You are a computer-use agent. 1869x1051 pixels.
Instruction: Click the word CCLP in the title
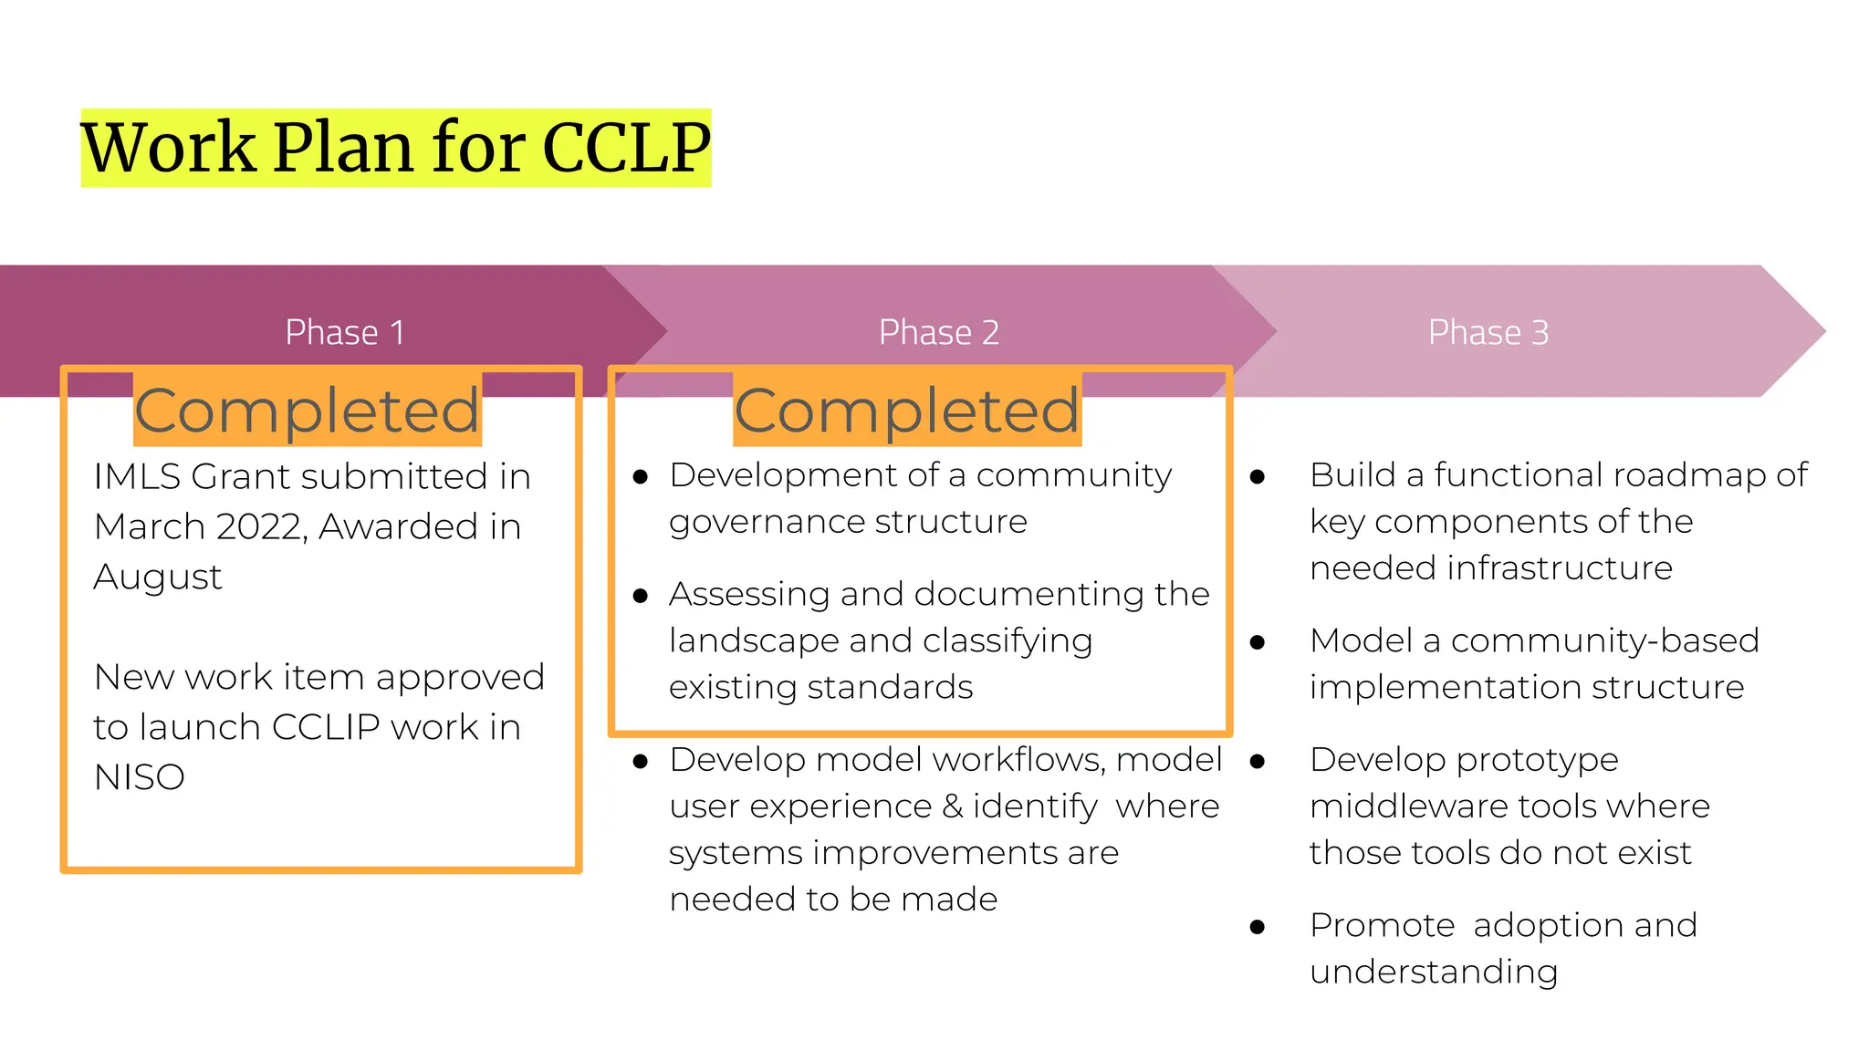(x=626, y=148)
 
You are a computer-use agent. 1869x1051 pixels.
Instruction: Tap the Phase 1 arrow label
(x=344, y=332)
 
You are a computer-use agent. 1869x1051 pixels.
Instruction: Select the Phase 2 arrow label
(x=938, y=332)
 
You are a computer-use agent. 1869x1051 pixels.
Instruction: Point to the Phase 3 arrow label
(x=1488, y=332)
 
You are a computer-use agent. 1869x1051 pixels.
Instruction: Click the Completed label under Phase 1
(x=307, y=410)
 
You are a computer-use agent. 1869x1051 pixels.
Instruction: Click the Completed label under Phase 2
(x=906, y=410)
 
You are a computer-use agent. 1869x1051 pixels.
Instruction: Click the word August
(x=157, y=578)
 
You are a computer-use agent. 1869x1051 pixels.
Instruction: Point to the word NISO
(x=139, y=777)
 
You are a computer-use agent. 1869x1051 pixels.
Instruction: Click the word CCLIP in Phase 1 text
(x=326, y=727)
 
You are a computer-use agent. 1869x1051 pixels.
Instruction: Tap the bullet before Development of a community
(x=641, y=477)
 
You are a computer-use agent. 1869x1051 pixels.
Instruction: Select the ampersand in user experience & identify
(x=952, y=806)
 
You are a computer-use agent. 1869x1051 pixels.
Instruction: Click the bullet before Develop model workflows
(x=641, y=762)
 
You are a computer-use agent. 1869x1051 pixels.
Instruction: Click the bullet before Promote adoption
(x=1258, y=928)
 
